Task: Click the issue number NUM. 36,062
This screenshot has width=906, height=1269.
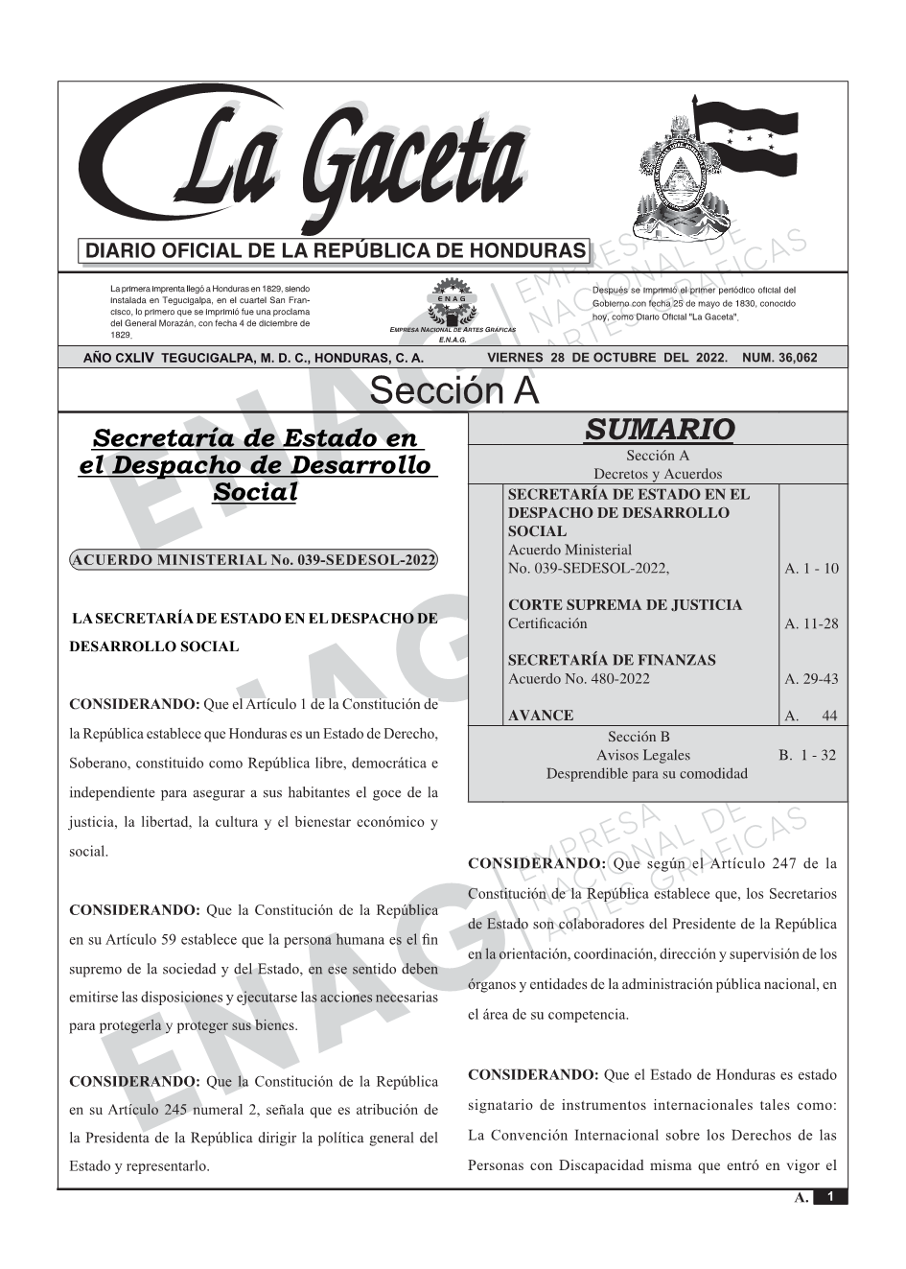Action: [x=779, y=358]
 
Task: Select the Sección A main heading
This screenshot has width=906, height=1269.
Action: [x=453, y=391]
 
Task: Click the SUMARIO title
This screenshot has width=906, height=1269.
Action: [x=659, y=430]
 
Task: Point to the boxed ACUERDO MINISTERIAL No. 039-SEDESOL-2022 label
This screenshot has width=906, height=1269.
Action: [x=254, y=560]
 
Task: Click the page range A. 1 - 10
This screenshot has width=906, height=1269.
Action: [x=811, y=569]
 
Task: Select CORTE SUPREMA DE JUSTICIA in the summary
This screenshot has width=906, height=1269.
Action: [x=624, y=605]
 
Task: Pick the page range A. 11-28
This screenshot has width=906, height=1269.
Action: [x=811, y=624]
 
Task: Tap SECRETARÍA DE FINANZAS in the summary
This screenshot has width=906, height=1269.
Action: [x=611, y=660]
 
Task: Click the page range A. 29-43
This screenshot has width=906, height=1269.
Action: [x=811, y=679]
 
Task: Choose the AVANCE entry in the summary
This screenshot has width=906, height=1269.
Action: [x=541, y=716]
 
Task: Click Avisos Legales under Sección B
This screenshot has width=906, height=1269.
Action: [x=642, y=756]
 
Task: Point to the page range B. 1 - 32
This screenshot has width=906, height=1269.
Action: [x=806, y=756]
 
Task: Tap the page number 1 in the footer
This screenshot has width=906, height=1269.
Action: [x=830, y=1197]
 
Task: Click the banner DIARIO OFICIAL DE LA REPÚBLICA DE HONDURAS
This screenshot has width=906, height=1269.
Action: [x=336, y=251]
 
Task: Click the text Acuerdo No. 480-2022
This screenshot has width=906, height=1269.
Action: [x=578, y=679]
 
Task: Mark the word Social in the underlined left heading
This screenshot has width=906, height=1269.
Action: [x=255, y=492]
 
